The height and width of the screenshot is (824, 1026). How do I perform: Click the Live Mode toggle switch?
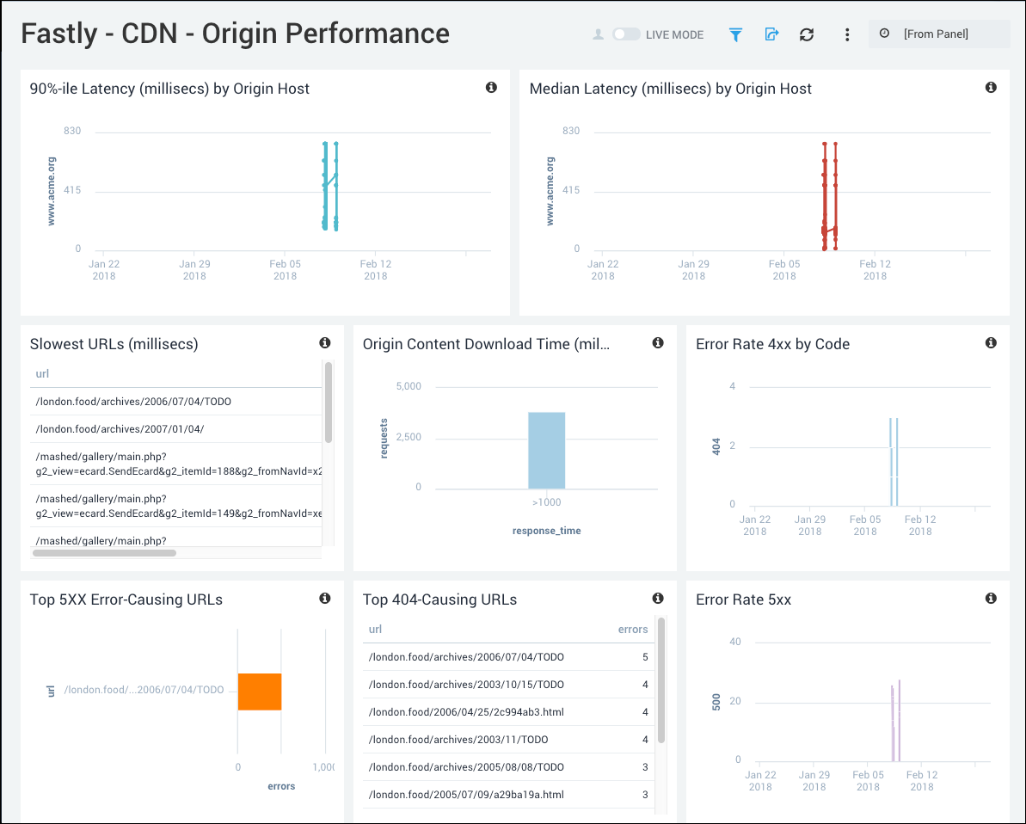point(626,34)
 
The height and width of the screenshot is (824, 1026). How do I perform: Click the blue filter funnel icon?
point(735,34)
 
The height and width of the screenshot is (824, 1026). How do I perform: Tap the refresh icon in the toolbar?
point(806,34)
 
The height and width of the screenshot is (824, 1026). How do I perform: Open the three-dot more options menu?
point(847,34)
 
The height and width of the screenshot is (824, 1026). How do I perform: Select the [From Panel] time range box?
point(938,34)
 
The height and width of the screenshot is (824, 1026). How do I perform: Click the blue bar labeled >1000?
point(547,450)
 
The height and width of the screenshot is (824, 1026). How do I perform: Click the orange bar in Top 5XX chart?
point(260,692)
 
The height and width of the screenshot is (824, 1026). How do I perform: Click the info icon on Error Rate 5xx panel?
point(991,599)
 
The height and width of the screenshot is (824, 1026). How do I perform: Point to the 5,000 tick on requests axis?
point(409,387)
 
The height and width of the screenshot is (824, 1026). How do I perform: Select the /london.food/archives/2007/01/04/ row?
point(120,428)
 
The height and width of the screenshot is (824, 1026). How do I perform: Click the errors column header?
point(633,630)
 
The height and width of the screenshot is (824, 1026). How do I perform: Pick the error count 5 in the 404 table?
point(645,657)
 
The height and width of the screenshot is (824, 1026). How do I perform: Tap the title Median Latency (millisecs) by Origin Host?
point(671,89)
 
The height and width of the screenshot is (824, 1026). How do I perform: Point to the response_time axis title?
point(546,531)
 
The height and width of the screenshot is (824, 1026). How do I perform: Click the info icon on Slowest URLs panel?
point(325,343)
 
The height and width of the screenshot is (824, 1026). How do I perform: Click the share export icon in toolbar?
point(771,34)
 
